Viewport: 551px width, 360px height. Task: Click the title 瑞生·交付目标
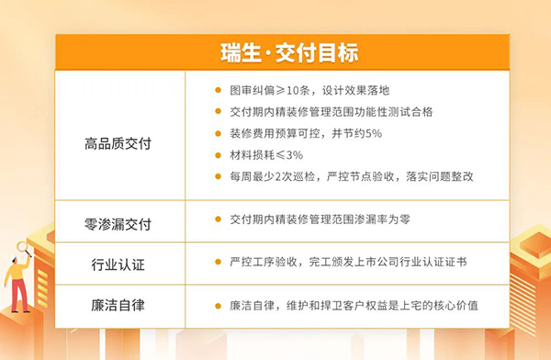(275, 51)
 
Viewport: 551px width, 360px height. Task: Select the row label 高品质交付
(118, 144)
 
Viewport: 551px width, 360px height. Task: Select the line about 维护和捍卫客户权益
(354, 305)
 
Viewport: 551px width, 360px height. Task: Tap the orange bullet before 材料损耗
(217, 154)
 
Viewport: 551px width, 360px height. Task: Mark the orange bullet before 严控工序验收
(217, 262)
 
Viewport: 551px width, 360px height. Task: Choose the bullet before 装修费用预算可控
(217, 133)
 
